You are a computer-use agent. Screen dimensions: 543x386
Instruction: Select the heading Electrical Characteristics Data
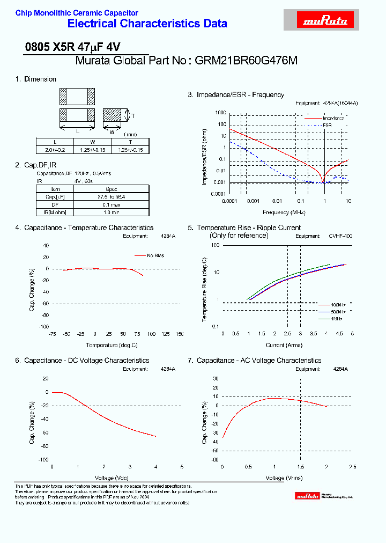[147, 24]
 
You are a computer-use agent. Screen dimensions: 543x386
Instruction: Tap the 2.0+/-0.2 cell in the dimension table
[54, 150]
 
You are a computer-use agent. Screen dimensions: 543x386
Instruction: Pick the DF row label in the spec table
[55, 204]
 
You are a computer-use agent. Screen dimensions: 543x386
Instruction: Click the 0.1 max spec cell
[111, 204]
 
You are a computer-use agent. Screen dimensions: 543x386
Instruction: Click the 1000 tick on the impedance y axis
[220, 113]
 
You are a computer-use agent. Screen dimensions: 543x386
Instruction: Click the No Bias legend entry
[155, 255]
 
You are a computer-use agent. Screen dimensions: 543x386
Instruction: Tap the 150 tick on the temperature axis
[180, 334]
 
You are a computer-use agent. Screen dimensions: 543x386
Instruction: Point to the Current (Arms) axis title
[284, 346]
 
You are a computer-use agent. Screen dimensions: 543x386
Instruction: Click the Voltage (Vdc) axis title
[112, 478]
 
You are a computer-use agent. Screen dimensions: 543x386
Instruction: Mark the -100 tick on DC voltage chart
[41, 460]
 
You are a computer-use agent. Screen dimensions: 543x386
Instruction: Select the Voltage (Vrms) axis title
[284, 478]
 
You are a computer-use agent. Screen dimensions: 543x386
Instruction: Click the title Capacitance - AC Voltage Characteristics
[259, 361]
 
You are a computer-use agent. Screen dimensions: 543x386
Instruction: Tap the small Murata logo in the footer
[308, 496]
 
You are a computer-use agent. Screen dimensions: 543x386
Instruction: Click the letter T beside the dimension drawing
[132, 115]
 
